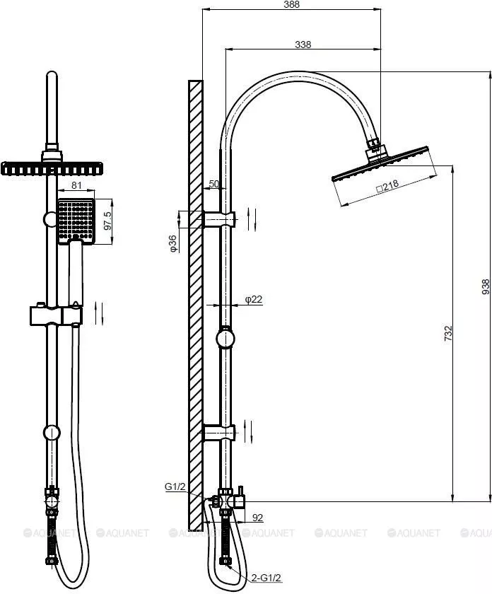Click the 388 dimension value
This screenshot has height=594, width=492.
tap(291, 4)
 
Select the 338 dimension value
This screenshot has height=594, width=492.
tap(303, 45)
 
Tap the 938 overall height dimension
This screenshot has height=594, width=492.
tap(485, 287)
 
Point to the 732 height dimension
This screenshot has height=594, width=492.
tap(448, 333)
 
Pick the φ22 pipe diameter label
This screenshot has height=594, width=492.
tap(253, 299)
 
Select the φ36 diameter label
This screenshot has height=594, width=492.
tap(172, 243)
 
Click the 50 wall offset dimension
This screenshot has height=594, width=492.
tap(214, 184)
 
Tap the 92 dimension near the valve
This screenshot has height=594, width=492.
tap(257, 518)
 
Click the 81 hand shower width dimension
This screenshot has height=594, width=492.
tap(76, 185)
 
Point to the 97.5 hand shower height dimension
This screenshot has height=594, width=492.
tap(108, 221)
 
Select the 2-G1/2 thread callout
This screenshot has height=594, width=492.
tap(266, 578)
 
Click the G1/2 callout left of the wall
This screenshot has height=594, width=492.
tap(175, 487)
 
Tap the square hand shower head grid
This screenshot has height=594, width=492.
tap(76, 221)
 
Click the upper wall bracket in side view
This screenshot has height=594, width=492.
tap(220, 219)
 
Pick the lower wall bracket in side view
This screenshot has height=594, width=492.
tap(219, 433)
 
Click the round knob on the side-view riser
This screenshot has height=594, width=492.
tap(225, 339)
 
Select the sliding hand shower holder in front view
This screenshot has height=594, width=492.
tap(56, 315)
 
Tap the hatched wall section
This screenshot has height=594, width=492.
tap(195, 305)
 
